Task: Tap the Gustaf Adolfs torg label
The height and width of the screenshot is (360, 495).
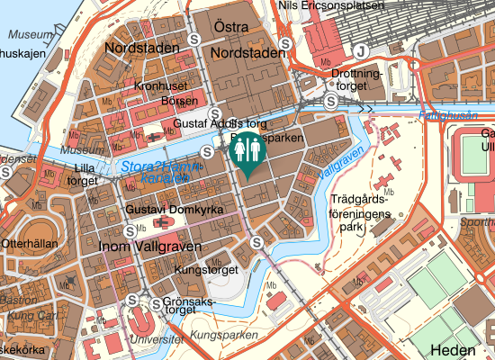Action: pyautogui.click(x=220, y=122)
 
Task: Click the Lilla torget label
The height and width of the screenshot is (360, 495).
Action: pyautogui.click(x=84, y=174)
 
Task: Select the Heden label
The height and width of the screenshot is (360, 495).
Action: pyautogui.click(x=453, y=350)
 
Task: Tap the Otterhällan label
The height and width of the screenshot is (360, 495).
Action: pyautogui.click(x=32, y=242)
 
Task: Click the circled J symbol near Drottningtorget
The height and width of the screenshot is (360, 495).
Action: pyautogui.click(x=361, y=50)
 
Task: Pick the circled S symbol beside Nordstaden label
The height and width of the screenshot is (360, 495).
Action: pyautogui.click(x=196, y=40)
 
